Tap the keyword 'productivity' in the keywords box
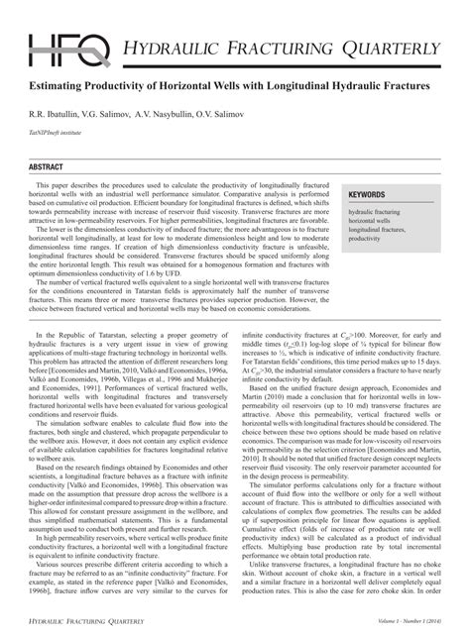click(x=366, y=239)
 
